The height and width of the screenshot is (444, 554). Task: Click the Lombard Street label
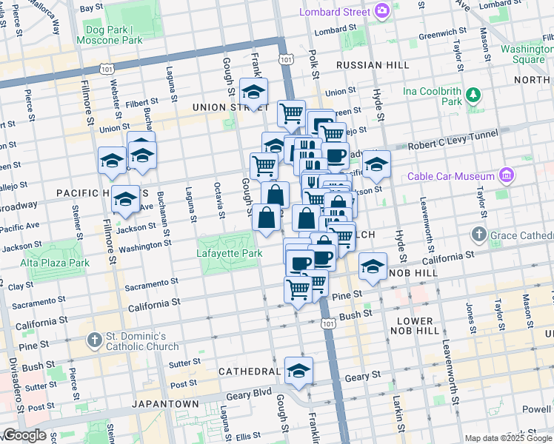click(x=335, y=11)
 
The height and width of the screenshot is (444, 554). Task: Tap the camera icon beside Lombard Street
click(x=382, y=10)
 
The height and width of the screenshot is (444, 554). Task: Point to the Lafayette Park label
click(x=230, y=253)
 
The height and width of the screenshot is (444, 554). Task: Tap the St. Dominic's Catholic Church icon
click(x=93, y=340)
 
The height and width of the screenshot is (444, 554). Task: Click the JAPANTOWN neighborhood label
click(x=165, y=404)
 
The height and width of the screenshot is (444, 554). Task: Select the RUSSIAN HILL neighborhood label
click(x=373, y=65)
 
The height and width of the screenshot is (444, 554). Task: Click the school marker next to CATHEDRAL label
click(x=298, y=371)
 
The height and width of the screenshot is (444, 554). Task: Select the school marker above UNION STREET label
click(x=254, y=92)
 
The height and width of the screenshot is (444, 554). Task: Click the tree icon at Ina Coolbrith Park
click(x=473, y=95)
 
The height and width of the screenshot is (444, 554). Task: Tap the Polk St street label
click(x=315, y=65)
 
